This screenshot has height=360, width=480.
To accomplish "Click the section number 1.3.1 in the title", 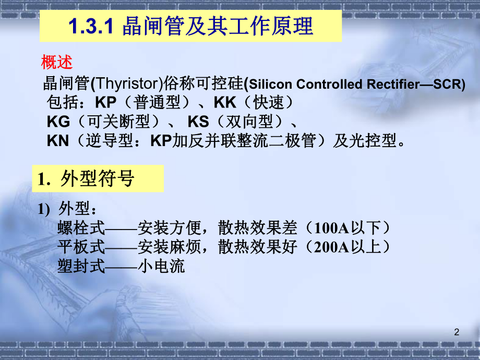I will click(91, 27).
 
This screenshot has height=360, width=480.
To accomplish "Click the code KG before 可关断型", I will click(58, 122).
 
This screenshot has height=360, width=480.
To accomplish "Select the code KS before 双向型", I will click(198, 122).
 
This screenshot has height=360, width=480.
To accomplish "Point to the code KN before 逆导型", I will click(58, 141).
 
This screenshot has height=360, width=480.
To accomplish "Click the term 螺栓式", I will click(81, 228).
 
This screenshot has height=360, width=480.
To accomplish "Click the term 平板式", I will click(81, 247).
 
